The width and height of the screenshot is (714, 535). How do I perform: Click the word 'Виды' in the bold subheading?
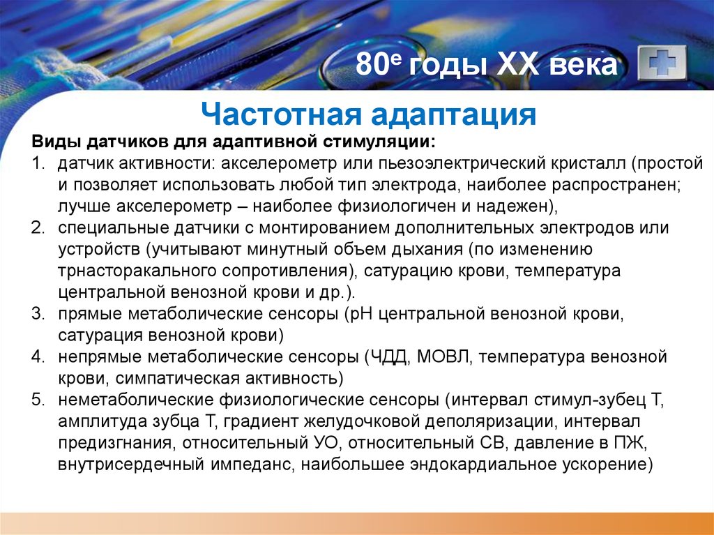[56, 142]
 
